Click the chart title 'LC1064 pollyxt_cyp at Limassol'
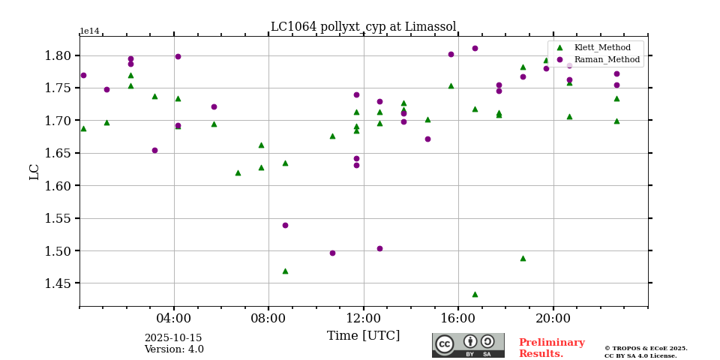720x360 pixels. pyautogui.click(x=363, y=27)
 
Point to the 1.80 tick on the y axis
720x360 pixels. pyautogui.click(x=58, y=55)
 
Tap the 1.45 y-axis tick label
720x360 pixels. pyautogui.click(x=58, y=283)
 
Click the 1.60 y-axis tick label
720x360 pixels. pyautogui.click(x=58, y=186)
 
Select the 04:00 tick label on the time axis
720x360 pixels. pyautogui.click(x=174, y=318)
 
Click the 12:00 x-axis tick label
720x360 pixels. pyautogui.click(x=364, y=318)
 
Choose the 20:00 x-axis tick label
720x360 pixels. pyautogui.click(x=553, y=318)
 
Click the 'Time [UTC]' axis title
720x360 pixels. pyautogui.click(x=363, y=336)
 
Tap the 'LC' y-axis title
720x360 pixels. pyautogui.click(x=34, y=172)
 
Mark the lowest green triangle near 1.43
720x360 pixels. pyautogui.click(x=475, y=294)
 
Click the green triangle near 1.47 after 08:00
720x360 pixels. pyautogui.click(x=285, y=271)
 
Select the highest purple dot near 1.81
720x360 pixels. pyautogui.click(x=475, y=48)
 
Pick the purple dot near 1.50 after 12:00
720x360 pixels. pyautogui.click(x=379, y=248)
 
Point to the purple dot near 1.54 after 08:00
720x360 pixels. pyautogui.click(x=285, y=225)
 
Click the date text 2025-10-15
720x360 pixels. pyautogui.click(x=173, y=338)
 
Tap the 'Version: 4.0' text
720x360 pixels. pyautogui.click(x=174, y=349)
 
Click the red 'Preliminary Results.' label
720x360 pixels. pyautogui.click(x=551, y=348)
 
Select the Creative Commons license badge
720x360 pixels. pyautogui.click(x=468, y=345)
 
